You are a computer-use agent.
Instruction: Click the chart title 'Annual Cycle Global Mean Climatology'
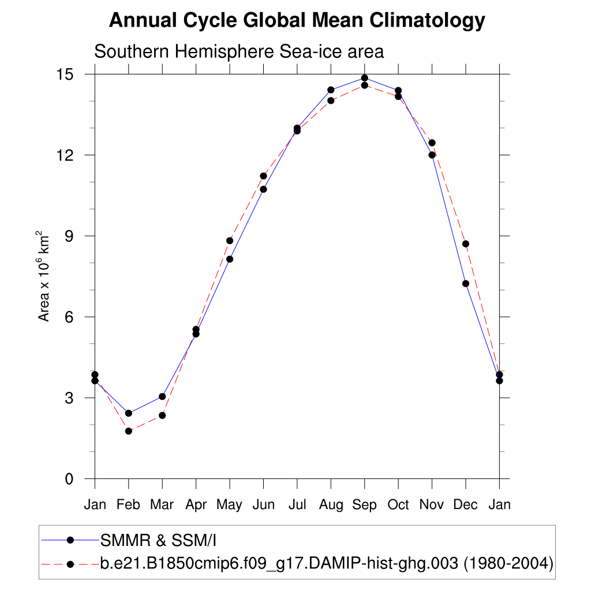point(297,21)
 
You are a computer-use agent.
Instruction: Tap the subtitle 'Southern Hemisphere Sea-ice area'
point(238,51)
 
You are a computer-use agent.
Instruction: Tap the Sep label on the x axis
point(364,505)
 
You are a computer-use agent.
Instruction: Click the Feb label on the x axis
point(128,505)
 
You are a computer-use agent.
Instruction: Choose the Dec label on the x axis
point(465,505)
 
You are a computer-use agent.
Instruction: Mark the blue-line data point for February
point(129,413)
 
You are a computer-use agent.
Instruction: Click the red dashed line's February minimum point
point(129,431)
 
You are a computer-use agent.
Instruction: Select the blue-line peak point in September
point(364,78)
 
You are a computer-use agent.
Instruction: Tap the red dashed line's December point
point(466,244)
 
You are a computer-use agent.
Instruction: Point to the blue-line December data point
point(466,283)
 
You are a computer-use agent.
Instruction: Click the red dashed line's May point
point(230,241)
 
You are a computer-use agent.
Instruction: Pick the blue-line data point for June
point(263,189)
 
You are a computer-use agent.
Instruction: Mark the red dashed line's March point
point(162,416)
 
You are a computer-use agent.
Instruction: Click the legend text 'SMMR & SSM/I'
point(158,540)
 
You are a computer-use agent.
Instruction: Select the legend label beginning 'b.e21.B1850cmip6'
point(327,563)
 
